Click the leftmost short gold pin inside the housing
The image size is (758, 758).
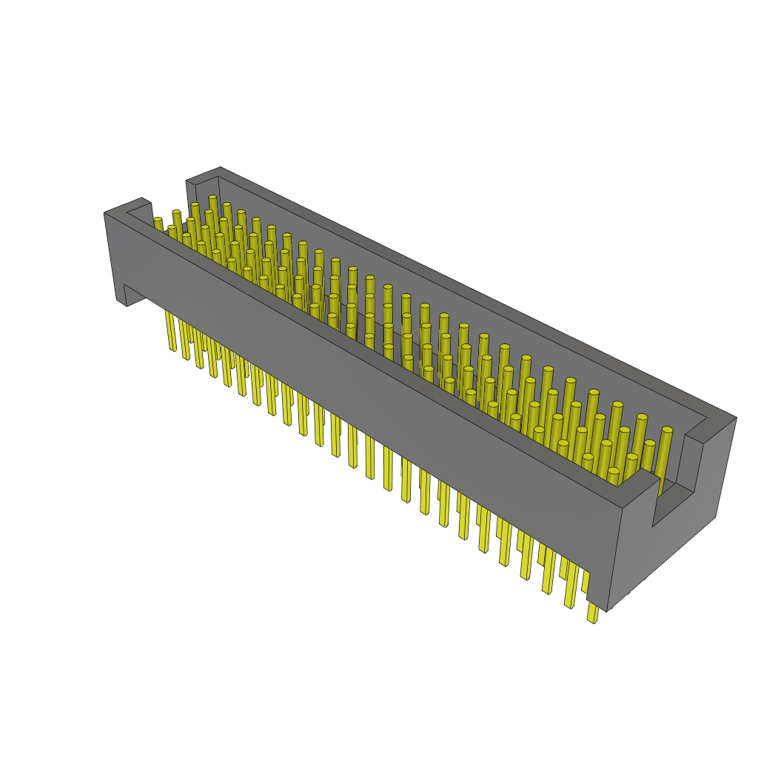(x=158, y=221)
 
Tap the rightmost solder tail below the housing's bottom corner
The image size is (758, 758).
(x=592, y=614)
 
